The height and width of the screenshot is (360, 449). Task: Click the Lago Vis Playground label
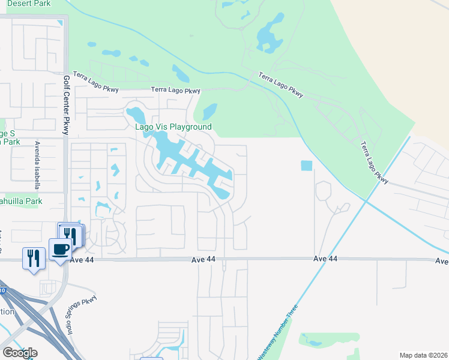tap(173, 127)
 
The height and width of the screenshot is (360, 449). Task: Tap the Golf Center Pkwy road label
tap(66, 106)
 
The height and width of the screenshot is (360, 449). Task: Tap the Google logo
tap(20, 353)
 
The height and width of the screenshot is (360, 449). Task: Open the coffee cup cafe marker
tap(60, 250)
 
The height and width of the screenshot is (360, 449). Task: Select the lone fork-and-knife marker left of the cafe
tap(33, 259)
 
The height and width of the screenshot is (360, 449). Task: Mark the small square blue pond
tap(306, 165)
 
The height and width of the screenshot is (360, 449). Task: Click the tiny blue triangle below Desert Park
tap(59, 23)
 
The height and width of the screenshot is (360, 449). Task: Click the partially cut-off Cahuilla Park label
tap(21, 202)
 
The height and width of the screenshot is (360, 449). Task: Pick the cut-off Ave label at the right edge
tap(442, 261)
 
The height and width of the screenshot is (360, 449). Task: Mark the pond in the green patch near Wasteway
tap(312, 342)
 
